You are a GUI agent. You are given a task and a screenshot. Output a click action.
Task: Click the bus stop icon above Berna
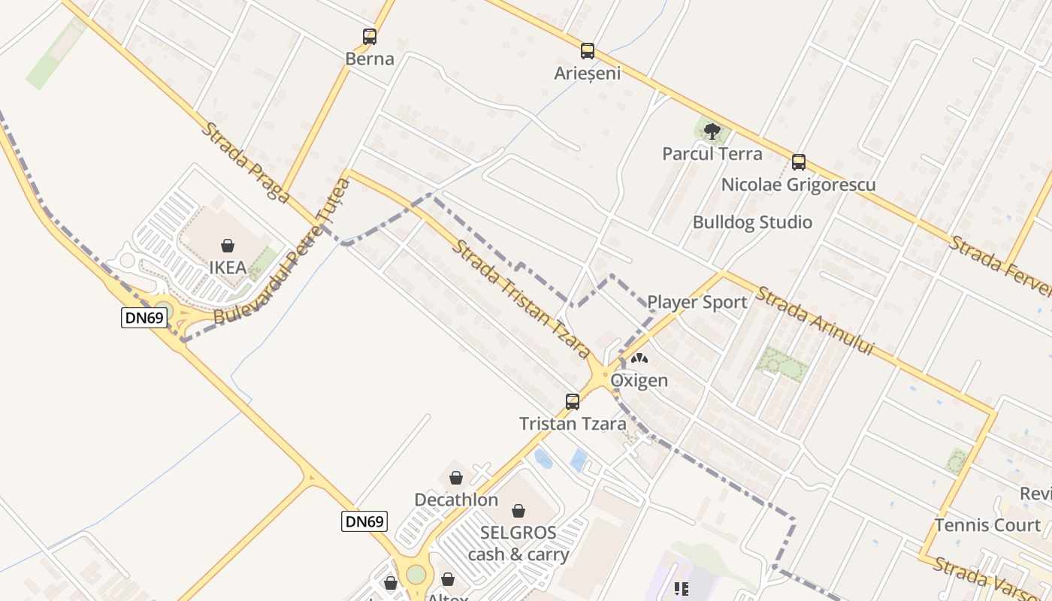369,36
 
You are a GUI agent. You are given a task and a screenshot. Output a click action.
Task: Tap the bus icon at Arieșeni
588,51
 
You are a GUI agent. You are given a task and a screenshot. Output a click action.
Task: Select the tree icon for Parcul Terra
712,132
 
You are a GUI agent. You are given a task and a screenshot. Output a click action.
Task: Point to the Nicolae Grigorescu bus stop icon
799,162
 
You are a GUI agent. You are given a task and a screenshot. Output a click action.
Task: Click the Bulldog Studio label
751,222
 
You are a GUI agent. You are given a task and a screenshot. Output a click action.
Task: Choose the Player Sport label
697,302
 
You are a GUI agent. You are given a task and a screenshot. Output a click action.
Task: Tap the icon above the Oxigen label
639,359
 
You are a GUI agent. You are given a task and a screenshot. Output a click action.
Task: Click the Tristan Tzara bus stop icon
573,402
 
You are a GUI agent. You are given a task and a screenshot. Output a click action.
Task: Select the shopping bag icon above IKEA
228,246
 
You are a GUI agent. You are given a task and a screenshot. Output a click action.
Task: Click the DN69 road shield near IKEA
144,318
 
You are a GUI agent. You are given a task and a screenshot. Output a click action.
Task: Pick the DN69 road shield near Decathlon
364,521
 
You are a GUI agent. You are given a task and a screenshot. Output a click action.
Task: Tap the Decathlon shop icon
455,478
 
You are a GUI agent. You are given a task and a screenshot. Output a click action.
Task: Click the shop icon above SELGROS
518,512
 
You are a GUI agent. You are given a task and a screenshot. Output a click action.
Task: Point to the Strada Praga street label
245,162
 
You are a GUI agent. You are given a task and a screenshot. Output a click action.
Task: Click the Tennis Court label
987,525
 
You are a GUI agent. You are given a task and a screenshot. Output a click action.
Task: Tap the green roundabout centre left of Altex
416,575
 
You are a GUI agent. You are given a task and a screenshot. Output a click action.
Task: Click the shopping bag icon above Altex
448,579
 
